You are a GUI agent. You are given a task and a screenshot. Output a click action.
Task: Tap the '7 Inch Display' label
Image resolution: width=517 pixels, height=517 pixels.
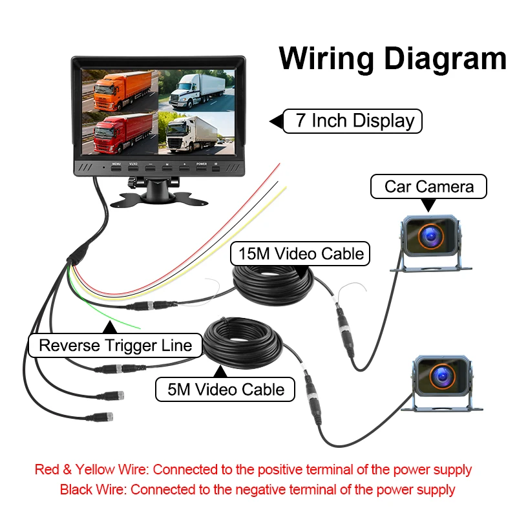[354, 121]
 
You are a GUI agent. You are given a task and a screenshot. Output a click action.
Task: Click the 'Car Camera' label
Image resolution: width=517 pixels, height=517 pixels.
[428, 187]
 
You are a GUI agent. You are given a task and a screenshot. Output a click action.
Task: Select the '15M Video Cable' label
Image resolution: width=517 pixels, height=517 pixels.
[301, 253]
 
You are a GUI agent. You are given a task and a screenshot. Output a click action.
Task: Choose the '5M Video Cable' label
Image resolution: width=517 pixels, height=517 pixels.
[226, 389]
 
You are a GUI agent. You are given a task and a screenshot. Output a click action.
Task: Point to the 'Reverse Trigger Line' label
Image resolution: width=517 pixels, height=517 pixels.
[116, 345]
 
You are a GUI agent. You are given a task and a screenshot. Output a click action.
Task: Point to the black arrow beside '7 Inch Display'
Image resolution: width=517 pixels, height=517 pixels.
[276, 121]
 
